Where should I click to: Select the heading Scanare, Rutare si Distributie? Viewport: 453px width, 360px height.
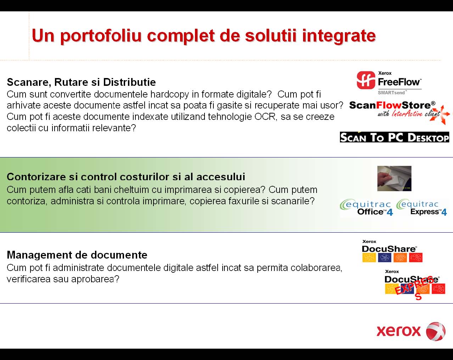pyautogui.click(x=81, y=82)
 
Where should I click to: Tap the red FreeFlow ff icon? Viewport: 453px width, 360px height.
pyautogui.click(x=366, y=80)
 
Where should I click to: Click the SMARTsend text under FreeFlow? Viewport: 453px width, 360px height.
pyautogui.click(x=391, y=93)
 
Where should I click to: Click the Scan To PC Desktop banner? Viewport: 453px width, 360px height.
pyautogui.click(x=394, y=137)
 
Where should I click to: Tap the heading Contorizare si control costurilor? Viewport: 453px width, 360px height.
pyautogui.click(x=126, y=177)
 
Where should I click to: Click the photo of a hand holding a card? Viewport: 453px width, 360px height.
pyautogui.click(x=394, y=178)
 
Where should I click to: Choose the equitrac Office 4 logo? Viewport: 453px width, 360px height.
pyautogui.click(x=367, y=207)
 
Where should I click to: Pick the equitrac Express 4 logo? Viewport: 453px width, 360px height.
pyautogui.click(x=421, y=207)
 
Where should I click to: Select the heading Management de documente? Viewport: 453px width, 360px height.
pyautogui.click(x=77, y=255)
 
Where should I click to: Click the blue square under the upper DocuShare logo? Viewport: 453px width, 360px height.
pyautogui.click(x=385, y=257)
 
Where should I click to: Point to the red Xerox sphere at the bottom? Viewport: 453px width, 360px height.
pyautogui.click(x=436, y=331)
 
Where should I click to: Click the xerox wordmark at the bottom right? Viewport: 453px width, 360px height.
pyautogui.click(x=398, y=331)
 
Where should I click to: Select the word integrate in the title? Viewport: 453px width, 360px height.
pyautogui.click(x=339, y=36)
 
